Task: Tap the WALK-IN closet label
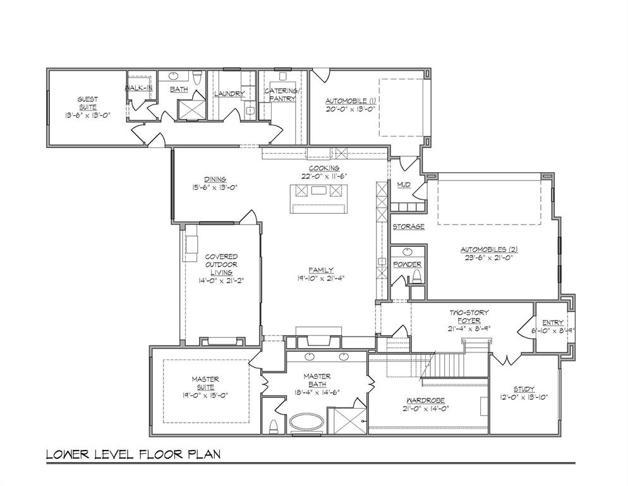pyautogui.click(x=139, y=87)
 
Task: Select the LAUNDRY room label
pyautogui.click(x=229, y=94)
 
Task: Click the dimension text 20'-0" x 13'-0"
pyautogui.click(x=351, y=108)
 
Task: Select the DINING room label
pyautogui.click(x=215, y=178)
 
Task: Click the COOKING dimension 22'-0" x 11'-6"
pyautogui.click(x=324, y=176)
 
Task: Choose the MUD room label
pyautogui.click(x=404, y=185)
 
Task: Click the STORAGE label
pyautogui.click(x=408, y=227)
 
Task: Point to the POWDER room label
pyautogui.click(x=407, y=264)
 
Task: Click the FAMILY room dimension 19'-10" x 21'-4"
pyautogui.click(x=321, y=278)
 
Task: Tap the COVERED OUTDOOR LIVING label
pyautogui.click(x=221, y=265)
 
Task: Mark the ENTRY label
pyautogui.click(x=553, y=323)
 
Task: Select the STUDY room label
pyautogui.click(x=524, y=389)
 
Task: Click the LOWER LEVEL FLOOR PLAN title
pyautogui.click(x=133, y=454)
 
